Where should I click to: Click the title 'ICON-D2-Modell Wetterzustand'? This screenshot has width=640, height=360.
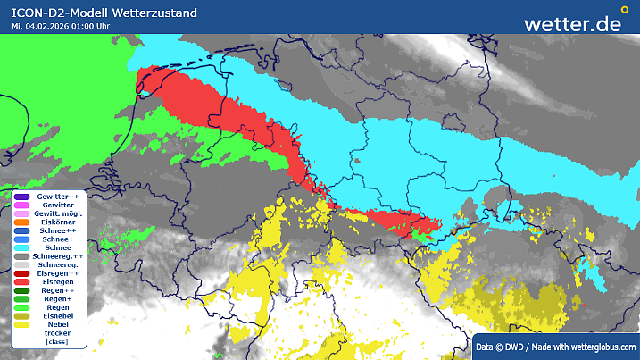coord(104,13)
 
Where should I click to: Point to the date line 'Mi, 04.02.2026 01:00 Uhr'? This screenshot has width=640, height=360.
coord(61,26)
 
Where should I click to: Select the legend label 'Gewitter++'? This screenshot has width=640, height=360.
coord(58,196)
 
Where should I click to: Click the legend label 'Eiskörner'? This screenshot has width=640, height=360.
coord(58,222)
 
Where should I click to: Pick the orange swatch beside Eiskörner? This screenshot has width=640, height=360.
coord(22,222)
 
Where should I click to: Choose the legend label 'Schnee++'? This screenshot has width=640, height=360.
coord(58,230)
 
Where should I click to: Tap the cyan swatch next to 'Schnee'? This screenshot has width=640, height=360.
coord(22,248)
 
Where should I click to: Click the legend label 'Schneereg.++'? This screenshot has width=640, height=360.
coord(58,256)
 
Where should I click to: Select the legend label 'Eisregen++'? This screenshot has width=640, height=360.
coord(58,273)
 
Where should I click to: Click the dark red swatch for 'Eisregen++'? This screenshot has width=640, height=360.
coord(22,273)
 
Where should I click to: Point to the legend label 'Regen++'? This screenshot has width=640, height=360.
coord(58,290)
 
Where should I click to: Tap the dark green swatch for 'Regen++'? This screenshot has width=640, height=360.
coord(22,290)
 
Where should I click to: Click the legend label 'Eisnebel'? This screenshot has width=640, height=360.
coord(58,316)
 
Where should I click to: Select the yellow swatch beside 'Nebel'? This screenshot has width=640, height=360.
coord(22,324)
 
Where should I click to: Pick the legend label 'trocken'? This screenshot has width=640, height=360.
coord(58,333)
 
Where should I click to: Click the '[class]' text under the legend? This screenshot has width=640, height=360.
coord(58,342)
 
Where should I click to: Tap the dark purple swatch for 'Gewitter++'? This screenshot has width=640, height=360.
coord(22,197)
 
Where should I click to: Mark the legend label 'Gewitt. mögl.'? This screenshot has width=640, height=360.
coord(58,213)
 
